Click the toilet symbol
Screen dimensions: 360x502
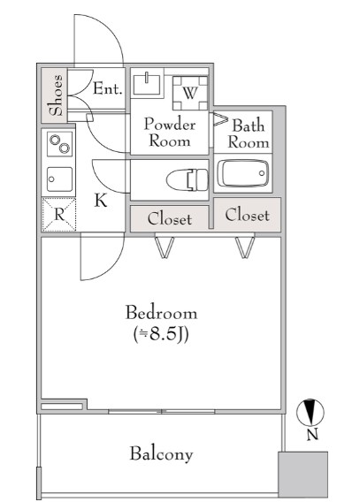pos(188,180)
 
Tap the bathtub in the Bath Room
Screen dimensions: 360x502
pos(243,173)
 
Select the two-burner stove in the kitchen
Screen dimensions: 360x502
pos(59,144)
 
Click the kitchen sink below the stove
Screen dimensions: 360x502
pos(59,179)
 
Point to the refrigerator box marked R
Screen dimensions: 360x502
pos(59,215)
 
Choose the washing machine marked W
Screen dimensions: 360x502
pos(190,93)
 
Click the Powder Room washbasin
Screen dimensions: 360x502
pos(147,83)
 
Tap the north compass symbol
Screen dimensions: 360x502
pos(310,413)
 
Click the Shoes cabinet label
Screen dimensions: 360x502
pos(57,95)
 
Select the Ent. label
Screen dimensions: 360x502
pos(108,88)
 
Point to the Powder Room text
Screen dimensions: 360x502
pos(170,133)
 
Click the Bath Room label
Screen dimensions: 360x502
pos(249,133)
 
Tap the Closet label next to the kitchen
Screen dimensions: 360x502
pos(170,219)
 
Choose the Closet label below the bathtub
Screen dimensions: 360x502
pos(247,215)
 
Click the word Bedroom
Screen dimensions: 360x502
pos(161,313)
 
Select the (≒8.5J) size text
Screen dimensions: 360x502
pos(161,335)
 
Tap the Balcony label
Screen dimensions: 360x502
pos(161,454)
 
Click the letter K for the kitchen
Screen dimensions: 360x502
pos(101,201)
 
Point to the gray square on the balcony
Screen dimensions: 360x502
pos(303,475)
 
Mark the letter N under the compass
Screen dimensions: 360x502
pos(312,435)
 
